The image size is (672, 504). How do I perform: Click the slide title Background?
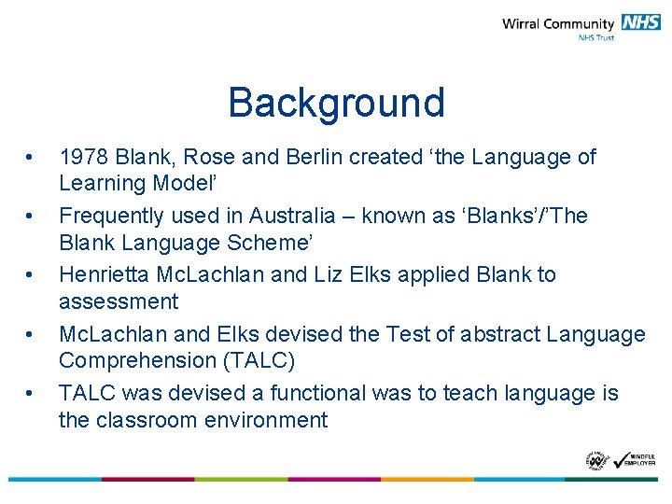pyautogui.click(x=336, y=103)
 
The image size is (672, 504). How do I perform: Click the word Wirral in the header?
pyautogui.click(x=525, y=23)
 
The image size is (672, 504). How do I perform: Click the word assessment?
pyautogui.click(x=119, y=301)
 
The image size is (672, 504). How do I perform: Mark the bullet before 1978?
pyautogui.click(x=31, y=157)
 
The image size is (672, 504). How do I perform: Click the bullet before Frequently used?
pyautogui.click(x=31, y=216)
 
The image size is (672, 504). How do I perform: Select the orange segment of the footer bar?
pyautogui.click(x=427, y=479)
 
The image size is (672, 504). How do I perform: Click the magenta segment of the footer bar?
pyautogui.click(x=147, y=479)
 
